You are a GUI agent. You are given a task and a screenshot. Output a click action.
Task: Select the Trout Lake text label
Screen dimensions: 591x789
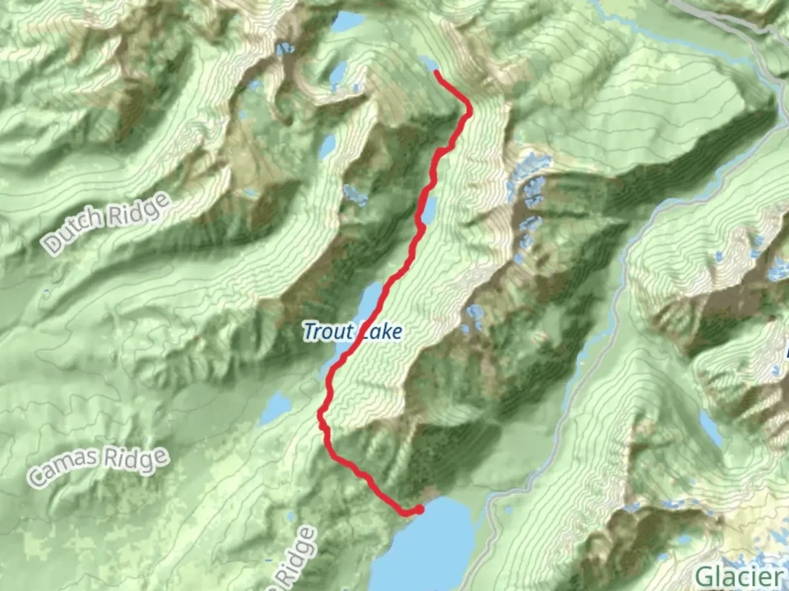click(353, 332)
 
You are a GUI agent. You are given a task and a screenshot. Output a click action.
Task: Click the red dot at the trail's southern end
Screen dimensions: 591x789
click(419, 509)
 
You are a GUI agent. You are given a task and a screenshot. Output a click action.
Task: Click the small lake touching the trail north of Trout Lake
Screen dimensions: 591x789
click(429, 209)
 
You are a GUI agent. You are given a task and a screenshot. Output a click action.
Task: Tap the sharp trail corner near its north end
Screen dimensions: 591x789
click(469, 112)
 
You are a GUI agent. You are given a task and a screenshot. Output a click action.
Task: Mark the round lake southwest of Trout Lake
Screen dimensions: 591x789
click(277, 408)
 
